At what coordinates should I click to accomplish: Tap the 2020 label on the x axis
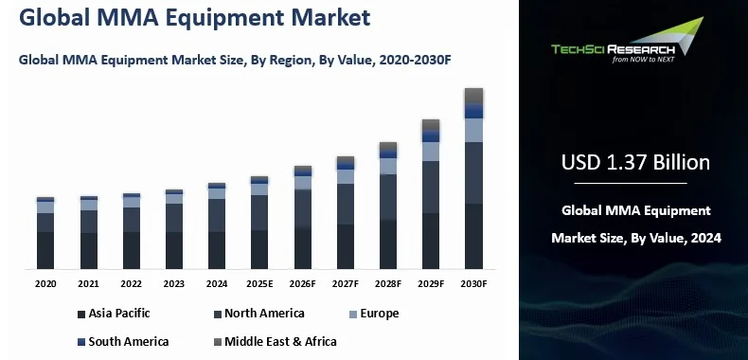[x=45, y=283]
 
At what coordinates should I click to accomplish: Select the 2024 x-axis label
[x=217, y=283]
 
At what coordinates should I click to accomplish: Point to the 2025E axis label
[x=259, y=283]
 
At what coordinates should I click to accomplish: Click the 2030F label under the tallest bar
[x=473, y=283]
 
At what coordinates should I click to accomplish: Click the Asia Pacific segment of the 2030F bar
[x=473, y=237]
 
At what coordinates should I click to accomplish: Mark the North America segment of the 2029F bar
[x=431, y=187]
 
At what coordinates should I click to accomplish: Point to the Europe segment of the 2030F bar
[x=473, y=130]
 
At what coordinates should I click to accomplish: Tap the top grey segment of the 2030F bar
[x=473, y=95]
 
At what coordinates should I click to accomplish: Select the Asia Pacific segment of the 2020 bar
[x=45, y=250]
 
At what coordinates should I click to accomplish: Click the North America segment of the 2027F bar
[x=346, y=204]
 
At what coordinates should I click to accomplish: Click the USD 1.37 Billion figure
[x=635, y=162]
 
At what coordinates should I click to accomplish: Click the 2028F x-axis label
[x=388, y=283]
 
